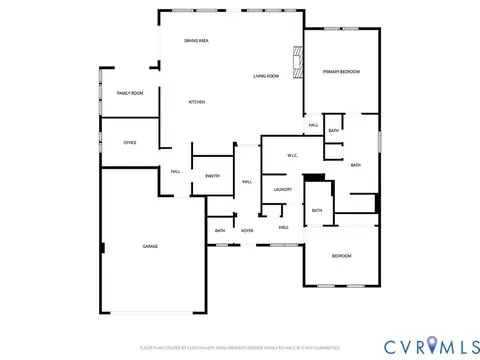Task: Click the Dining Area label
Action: click(196, 40)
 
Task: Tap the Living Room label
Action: click(266, 76)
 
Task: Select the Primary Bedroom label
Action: click(341, 72)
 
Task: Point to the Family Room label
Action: click(130, 93)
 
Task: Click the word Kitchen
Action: click(198, 102)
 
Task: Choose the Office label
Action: click(130, 143)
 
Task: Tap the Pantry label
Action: click(213, 176)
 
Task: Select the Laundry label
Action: click(282, 189)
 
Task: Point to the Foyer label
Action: click(247, 231)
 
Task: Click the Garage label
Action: click(150, 246)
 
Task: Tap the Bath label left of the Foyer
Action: click(220, 231)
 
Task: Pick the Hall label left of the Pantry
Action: click(175, 171)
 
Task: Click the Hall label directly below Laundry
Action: click(284, 227)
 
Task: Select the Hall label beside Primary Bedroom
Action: click(313, 125)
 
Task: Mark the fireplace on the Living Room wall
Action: click(295, 61)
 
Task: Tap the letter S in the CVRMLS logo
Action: click(468, 345)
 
